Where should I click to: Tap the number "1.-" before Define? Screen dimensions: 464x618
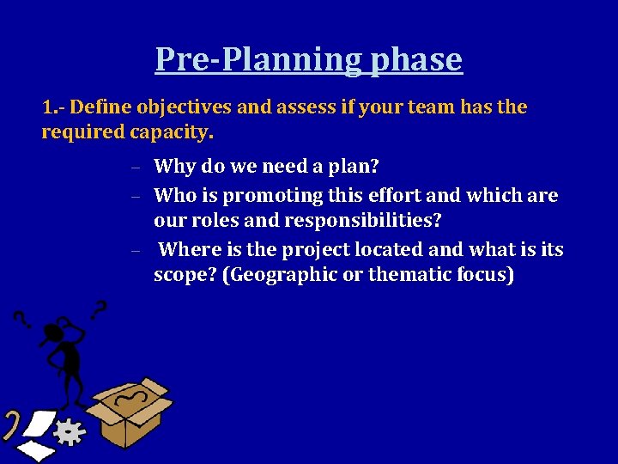click(53, 108)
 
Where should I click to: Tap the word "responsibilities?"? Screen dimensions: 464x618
click(364, 221)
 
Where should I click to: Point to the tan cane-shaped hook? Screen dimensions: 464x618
click(11, 424)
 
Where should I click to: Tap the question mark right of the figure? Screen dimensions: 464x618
click(100, 308)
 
